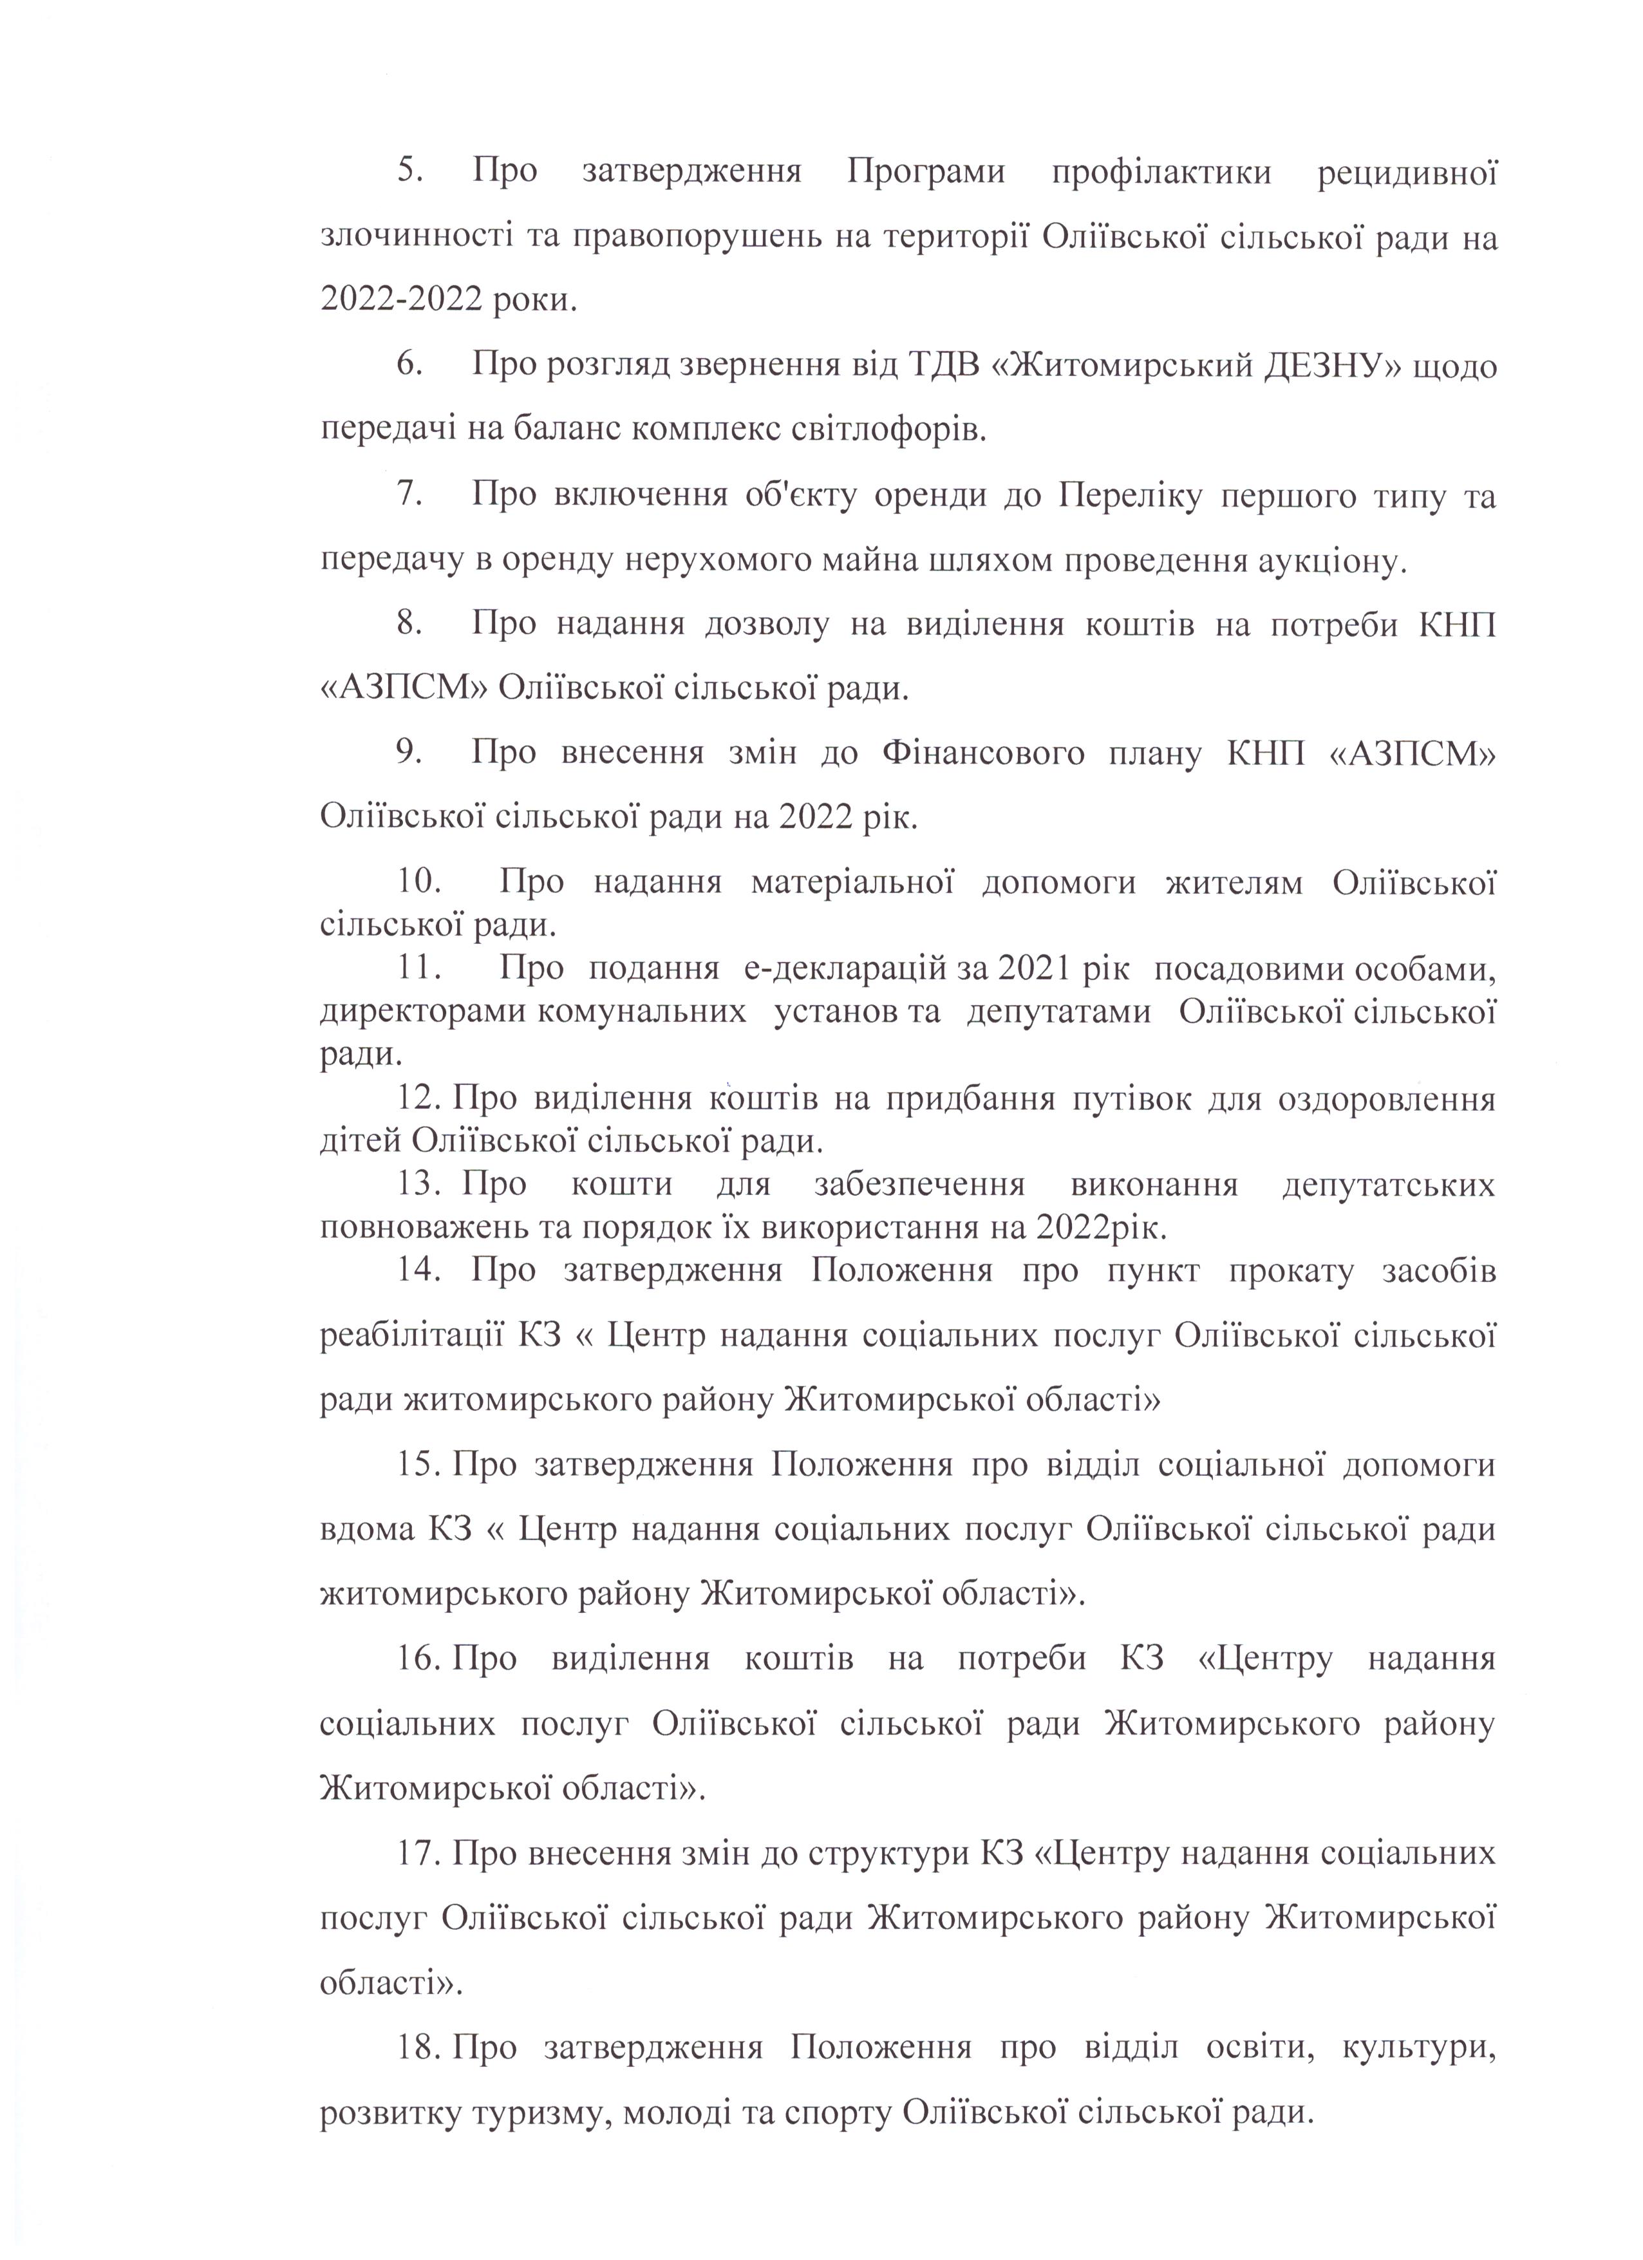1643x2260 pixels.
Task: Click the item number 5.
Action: pos(409,171)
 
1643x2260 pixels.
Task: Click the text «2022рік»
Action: pos(1100,1228)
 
